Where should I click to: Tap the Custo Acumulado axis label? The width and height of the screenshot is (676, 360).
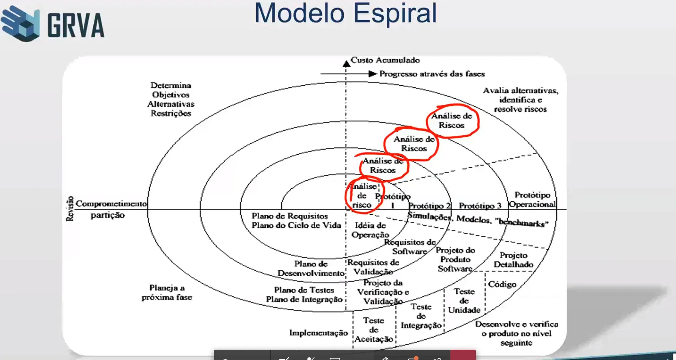tap(385, 60)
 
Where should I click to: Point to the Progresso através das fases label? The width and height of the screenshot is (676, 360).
tap(432, 74)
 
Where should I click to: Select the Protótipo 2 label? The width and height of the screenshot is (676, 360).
tap(429, 205)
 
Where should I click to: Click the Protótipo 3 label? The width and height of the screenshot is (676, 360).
tap(480, 205)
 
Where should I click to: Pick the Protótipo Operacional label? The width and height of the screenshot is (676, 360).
tap(532, 200)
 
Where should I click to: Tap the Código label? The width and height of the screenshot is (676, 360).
tap(502, 284)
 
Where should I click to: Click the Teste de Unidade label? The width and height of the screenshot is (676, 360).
tap(464, 300)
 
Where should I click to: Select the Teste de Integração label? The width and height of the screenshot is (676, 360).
tap(421, 316)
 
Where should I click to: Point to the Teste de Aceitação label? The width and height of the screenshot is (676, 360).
tap(374, 330)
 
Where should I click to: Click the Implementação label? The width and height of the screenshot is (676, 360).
tap(318, 333)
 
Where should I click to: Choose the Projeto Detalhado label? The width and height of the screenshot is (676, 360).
tap(514, 260)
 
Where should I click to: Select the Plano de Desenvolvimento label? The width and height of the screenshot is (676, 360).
tap(311, 268)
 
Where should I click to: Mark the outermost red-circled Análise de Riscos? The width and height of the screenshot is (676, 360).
tap(452, 120)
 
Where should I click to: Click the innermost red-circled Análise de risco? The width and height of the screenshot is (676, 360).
tap(362, 195)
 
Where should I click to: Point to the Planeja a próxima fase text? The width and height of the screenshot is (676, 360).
tap(166, 292)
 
